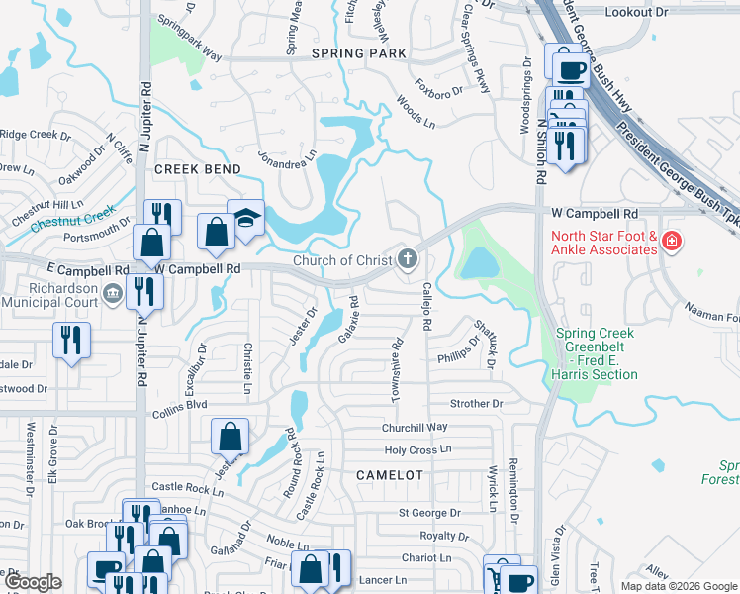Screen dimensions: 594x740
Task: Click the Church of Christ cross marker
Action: (x=407, y=260)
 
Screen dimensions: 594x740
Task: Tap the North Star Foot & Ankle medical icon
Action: (x=672, y=242)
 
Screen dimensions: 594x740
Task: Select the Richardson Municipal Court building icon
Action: (x=112, y=292)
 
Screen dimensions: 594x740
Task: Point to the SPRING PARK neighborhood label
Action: (x=358, y=52)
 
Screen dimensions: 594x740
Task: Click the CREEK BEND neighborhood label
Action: (x=198, y=169)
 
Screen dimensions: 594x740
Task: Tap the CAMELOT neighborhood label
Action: (x=390, y=475)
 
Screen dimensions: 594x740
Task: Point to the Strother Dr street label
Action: (x=477, y=404)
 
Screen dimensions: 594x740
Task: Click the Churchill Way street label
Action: (x=416, y=427)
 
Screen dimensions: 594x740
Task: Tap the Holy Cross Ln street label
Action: (x=417, y=449)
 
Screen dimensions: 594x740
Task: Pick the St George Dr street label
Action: (x=429, y=513)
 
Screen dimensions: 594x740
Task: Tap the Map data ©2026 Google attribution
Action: (x=679, y=586)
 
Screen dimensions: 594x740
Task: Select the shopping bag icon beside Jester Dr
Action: (x=230, y=435)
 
